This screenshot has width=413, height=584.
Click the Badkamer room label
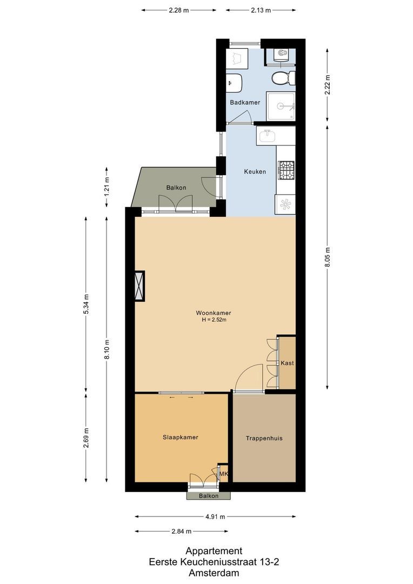[x=245, y=102]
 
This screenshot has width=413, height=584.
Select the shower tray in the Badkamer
[x=281, y=106]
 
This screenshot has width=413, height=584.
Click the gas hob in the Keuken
[x=286, y=170]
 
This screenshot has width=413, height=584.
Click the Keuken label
[x=255, y=171]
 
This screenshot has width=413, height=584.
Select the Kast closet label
[x=287, y=363]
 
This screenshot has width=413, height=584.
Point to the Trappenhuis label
[x=264, y=438]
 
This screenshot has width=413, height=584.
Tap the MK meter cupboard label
[x=223, y=474]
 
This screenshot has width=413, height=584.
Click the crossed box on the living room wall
[x=140, y=286]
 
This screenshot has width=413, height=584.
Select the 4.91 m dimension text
[x=215, y=516]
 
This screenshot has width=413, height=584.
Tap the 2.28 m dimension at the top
[x=178, y=10]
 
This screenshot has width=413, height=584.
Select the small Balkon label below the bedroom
[x=208, y=496]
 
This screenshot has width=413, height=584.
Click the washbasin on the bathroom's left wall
[x=234, y=83]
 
